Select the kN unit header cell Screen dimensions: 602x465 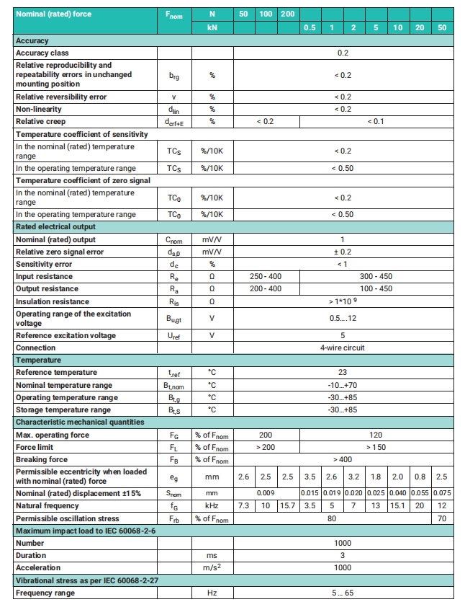(212, 27)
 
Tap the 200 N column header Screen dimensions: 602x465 (287, 14)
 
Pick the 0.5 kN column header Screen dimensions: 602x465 (310, 27)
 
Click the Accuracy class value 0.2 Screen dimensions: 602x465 (343, 53)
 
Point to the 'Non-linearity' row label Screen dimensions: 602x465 (42, 109)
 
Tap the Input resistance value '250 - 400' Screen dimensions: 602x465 (266, 276)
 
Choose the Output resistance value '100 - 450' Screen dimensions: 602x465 (376, 288)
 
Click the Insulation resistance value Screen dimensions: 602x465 (343, 301)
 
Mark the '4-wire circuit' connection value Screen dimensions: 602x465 (343, 348)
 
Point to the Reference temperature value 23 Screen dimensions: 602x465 (343, 372)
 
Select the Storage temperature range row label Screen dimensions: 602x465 (63, 410)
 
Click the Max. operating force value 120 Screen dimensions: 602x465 (376, 435)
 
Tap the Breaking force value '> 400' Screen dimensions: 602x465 (343, 459)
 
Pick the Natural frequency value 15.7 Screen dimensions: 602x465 (287, 506)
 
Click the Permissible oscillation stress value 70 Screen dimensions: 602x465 (442, 518)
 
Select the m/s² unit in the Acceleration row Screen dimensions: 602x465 (212, 567)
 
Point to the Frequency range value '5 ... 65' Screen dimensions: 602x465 (343, 593)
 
